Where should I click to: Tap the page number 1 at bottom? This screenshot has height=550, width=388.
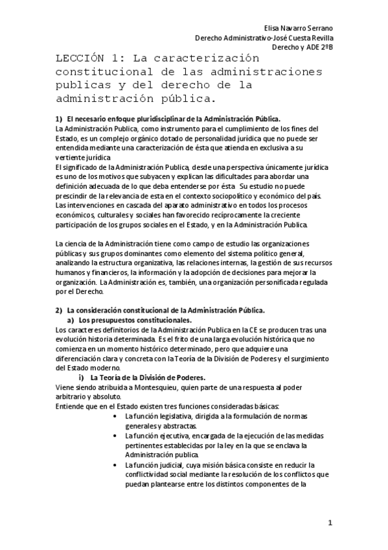click(x=330, y=522)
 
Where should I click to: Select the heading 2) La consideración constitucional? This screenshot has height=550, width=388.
click(x=165, y=311)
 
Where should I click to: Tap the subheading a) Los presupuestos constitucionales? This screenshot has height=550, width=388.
click(x=129, y=320)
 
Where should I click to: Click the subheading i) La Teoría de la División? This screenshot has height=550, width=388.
click(x=140, y=377)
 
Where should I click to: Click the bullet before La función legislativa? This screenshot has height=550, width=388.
click(x=115, y=416)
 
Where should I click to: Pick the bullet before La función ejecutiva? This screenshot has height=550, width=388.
click(x=115, y=435)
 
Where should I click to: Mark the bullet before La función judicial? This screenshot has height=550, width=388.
click(x=115, y=464)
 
